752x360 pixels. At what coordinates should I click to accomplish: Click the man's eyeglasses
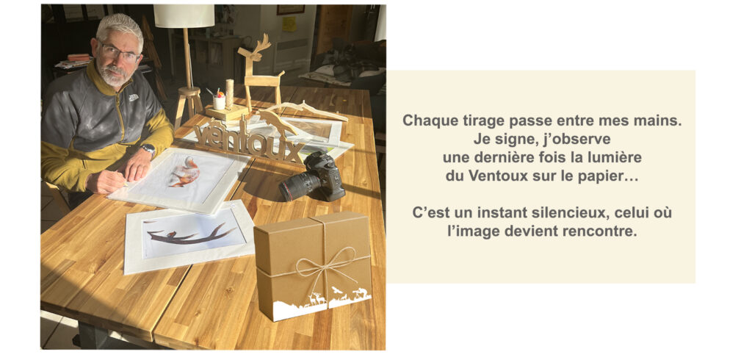click(x=119, y=53)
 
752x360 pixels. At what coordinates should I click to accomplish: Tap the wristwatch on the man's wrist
click(x=148, y=150)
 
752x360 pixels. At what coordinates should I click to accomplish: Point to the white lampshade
click(x=184, y=16)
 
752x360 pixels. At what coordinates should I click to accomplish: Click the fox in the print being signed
click(x=186, y=173)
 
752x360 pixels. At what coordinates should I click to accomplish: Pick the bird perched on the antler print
click(x=171, y=234)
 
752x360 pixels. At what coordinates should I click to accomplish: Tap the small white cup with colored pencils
click(x=219, y=101)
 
